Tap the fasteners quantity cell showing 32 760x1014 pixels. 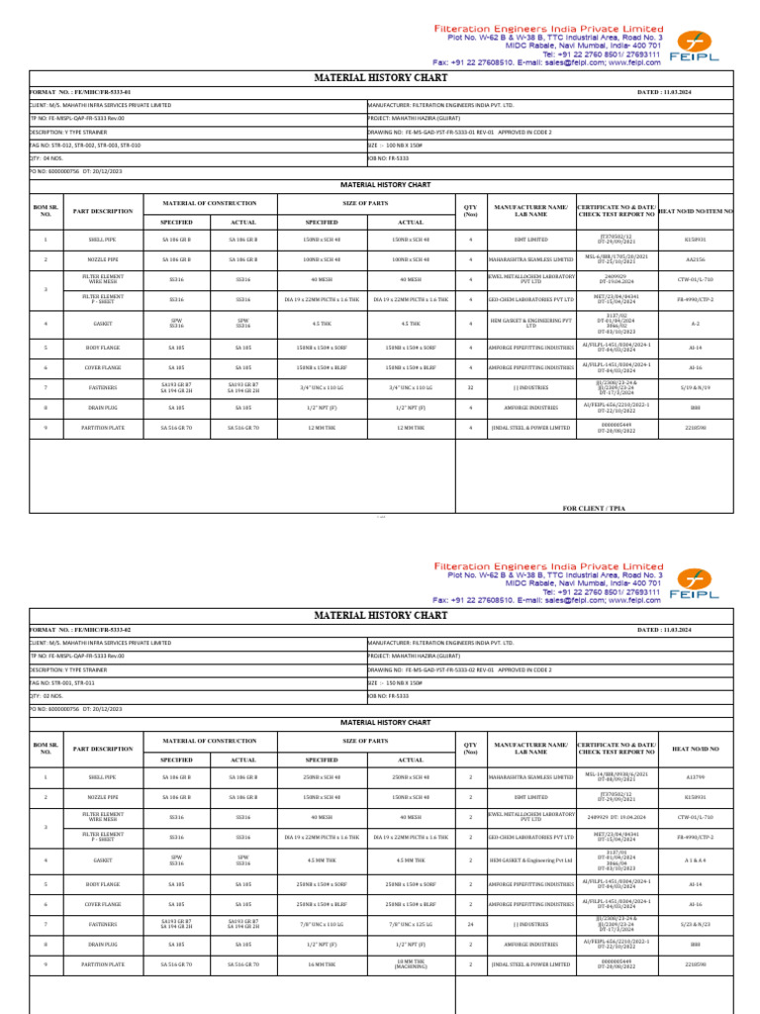(x=470, y=387)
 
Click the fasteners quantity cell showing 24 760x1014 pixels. (x=470, y=925)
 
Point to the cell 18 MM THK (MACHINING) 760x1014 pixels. (x=411, y=963)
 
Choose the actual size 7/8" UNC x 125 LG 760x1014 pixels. (x=411, y=925)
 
